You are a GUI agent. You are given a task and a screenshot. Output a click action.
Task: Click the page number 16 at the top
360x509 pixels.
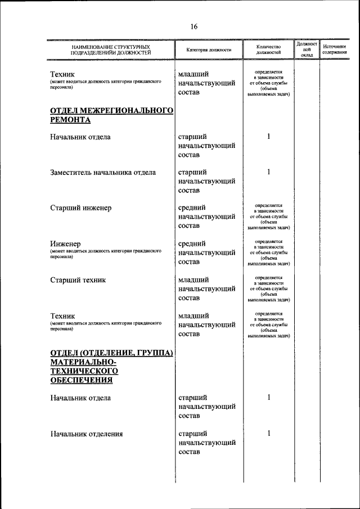pyautogui.click(x=193, y=26)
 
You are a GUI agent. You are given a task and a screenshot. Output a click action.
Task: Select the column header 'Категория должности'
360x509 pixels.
pyautogui.click(x=209, y=50)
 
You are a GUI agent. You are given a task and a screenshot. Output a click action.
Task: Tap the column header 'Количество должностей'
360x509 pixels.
pyautogui.click(x=268, y=49)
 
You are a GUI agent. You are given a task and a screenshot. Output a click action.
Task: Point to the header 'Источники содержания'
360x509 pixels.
pyautogui.click(x=334, y=49)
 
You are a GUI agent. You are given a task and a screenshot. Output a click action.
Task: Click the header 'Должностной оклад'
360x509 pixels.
pyautogui.click(x=307, y=49)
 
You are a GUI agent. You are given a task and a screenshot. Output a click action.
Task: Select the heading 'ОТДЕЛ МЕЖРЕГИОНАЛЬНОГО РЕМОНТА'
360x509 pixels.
pyautogui.click(x=111, y=115)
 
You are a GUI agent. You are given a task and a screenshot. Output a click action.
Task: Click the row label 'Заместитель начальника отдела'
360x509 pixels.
pyautogui.click(x=103, y=173)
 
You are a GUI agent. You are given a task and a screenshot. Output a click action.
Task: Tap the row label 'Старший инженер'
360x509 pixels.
pyautogui.click(x=80, y=208)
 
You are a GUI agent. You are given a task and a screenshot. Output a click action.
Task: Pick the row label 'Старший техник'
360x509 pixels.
pyautogui.click(x=78, y=280)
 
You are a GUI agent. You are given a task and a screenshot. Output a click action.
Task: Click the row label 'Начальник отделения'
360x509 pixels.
pyautogui.click(x=87, y=434)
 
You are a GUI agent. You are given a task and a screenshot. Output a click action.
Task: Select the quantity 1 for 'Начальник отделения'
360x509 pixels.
pyautogui.click(x=269, y=434)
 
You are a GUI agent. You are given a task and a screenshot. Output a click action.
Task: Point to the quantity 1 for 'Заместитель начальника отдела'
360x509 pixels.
pyautogui.click(x=269, y=172)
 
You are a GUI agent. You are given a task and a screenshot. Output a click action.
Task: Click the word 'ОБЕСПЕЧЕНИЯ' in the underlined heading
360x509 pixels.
pyautogui.click(x=81, y=380)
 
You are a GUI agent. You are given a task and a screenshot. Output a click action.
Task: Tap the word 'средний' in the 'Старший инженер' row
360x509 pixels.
pyautogui.click(x=192, y=208)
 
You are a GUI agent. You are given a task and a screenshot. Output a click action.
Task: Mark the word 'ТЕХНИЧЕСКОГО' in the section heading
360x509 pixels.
pyautogui.click(x=84, y=371)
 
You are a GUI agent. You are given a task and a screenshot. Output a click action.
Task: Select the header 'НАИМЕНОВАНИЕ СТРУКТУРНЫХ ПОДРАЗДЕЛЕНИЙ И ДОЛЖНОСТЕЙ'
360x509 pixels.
pyautogui.click(x=111, y=49)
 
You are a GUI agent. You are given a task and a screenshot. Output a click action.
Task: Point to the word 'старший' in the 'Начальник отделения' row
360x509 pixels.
pyautogui.click(x=192, y=434)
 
